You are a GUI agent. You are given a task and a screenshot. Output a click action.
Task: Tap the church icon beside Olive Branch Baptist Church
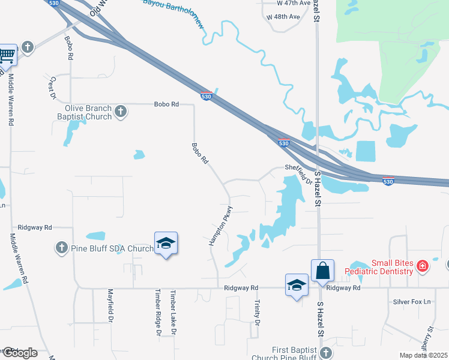click(x=121, y=111)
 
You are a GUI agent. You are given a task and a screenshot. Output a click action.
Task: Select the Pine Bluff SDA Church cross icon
click(x=61, y=248)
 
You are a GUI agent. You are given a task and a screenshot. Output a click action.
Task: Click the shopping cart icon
click(x=7, y=55)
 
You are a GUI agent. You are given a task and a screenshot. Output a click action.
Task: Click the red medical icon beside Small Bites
click(x=423, y=266)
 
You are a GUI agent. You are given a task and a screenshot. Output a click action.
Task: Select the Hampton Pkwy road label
click(x=220, y=226)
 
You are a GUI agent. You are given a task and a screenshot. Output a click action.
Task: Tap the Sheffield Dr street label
click(x=299, y=174)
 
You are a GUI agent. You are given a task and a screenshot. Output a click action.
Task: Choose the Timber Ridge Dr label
click(x=158, y=313)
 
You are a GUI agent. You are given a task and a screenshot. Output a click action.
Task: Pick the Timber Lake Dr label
click(x=173, y=313)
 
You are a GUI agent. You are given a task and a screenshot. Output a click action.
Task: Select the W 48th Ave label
click(x=283, y=16)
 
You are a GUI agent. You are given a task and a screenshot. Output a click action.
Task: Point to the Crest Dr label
click(x=52, y=88)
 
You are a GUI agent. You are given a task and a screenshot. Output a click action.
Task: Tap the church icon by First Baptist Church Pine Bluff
click(x=326, y=352)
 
